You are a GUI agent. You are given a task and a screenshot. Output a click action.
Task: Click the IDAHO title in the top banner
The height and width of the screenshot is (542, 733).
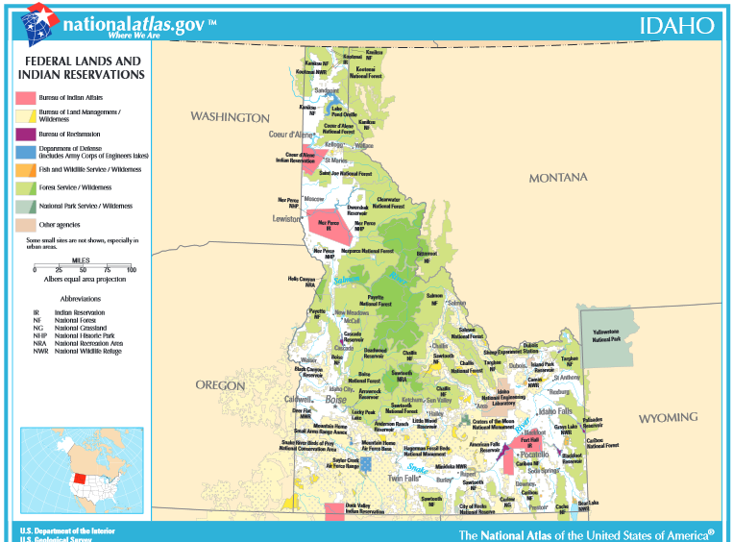[x=677, y=25]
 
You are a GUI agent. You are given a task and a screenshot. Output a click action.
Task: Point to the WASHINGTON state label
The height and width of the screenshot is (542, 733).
[x=230, y=117]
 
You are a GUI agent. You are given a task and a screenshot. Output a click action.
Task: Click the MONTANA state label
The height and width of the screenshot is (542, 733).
[x=557, y=178]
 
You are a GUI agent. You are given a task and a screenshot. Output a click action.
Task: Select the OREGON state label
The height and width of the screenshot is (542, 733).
[x=221, y=384]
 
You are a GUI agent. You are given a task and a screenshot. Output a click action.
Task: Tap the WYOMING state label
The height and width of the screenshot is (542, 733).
[x=668, y=418]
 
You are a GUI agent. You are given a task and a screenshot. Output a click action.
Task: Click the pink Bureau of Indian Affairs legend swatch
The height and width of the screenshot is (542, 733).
[x=26, y=98]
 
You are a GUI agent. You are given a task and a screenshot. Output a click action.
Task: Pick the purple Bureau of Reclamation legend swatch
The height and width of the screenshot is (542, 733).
[x=26, y=134]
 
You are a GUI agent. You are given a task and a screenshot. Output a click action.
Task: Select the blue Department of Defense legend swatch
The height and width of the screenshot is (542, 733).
[x=26, y=152]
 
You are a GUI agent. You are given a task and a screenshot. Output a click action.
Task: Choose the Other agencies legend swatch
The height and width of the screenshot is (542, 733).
[x=26, y=224]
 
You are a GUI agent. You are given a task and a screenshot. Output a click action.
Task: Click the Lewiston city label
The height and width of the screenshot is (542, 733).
[x=286, y=219]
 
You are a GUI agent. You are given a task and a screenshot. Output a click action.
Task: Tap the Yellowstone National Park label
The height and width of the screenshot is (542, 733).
[x=605, y=335]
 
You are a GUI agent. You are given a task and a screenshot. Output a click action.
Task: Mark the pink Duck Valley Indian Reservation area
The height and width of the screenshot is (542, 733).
[x=334, y=511]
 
